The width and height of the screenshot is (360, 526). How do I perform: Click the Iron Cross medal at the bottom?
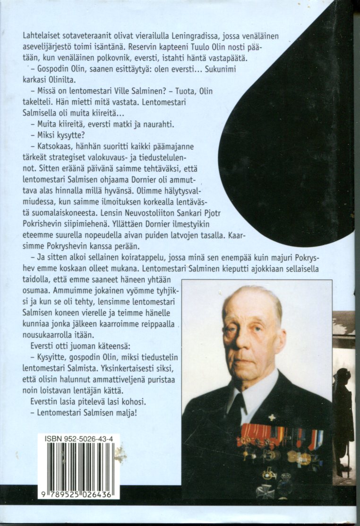265,491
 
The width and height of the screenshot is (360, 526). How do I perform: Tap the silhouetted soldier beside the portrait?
343,416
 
